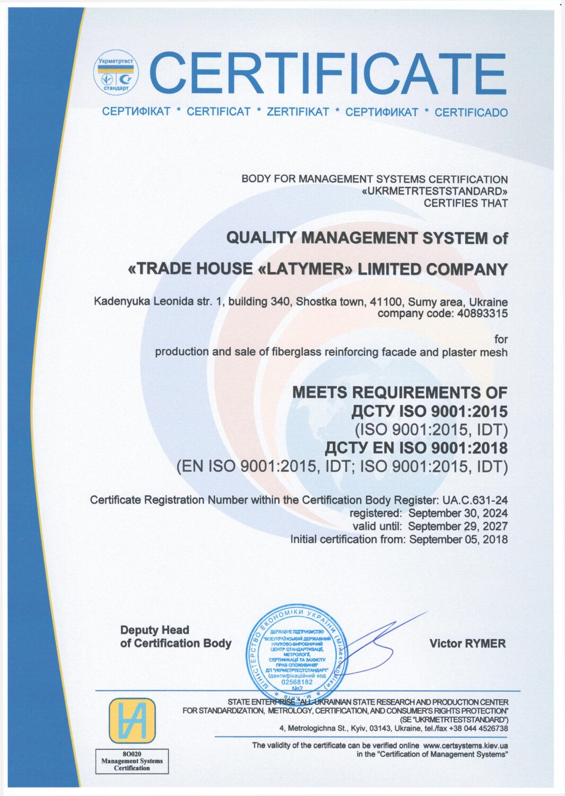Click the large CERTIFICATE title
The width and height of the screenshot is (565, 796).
click(x=328, y=74)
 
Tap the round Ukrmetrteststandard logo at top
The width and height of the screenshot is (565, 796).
click(x=116, y=73)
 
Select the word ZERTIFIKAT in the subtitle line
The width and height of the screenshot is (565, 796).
click(x=298, y=112)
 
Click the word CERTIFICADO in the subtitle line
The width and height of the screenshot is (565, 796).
click(x=471, y=112)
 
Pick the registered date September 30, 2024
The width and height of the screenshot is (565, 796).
click(x=458, y=513)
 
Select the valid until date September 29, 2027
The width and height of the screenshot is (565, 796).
click(x=458, y=527)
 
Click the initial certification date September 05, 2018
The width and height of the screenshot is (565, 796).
click(x=458, y=540)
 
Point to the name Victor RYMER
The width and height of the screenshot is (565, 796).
click(x=467, y=644)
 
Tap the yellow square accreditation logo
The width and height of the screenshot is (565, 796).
click(x=132, y=720)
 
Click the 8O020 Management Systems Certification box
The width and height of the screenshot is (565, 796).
click(x=132, y=761)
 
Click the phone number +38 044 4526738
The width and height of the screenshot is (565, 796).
click(x=478, y=729)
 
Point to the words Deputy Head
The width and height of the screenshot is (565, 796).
click(x=154, y=630)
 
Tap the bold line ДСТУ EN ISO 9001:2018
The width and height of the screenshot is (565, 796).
click(x=416, y=448)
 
